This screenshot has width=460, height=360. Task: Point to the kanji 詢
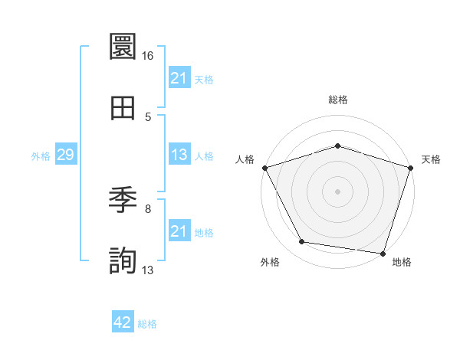[x=123, y=261]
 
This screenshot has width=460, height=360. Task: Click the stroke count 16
[x=148, y=56]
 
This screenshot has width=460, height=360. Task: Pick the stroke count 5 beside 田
[x=148, y=116]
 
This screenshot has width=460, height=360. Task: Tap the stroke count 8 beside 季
[x=148, y=208]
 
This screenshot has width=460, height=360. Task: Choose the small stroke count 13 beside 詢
[x=148, y=270]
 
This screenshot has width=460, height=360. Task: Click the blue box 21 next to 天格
[x=179, y=78]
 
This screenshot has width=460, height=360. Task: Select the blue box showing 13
[x=179, y=155]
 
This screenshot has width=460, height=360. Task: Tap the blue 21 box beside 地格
[x=179, y=231]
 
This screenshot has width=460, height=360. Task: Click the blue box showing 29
[x=65, y=155]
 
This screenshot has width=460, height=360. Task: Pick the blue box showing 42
[x=123, y=322]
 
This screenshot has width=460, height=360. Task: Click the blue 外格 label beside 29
[x=41, y=155]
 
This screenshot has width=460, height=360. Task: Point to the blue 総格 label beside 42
[x=147, y=323]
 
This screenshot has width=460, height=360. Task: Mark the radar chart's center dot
[x=337, y=191]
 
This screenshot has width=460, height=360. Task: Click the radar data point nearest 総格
[x=337, y=146]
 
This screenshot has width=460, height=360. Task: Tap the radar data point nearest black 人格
[x=264, y=168]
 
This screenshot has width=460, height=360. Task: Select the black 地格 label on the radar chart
[x=401, y=262]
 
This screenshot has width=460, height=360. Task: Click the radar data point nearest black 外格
[x=303, y=242]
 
